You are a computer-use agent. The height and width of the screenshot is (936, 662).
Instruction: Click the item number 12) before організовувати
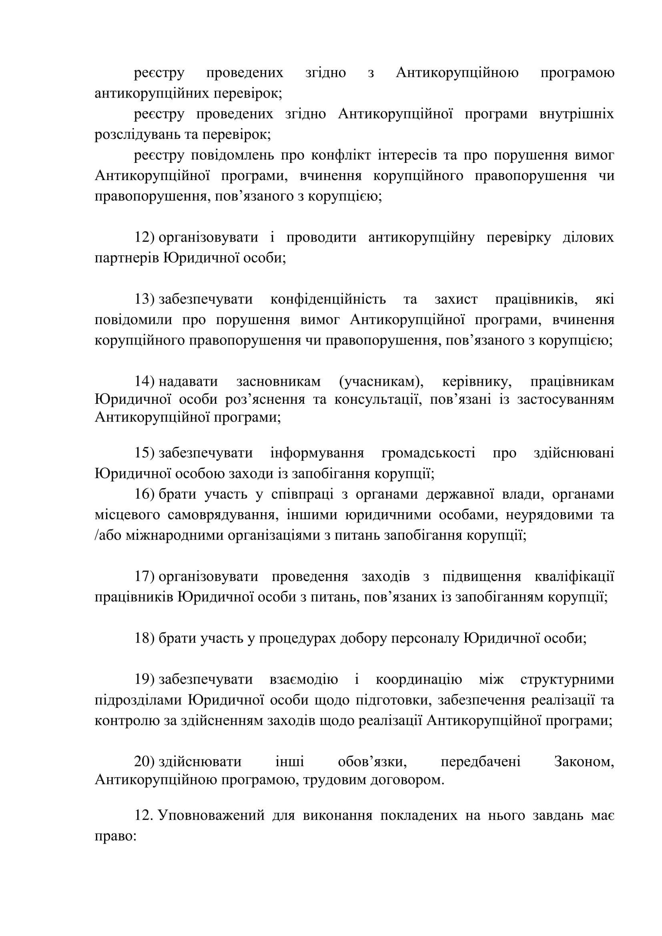(145, 237)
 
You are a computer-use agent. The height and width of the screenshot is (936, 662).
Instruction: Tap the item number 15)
(145, 453)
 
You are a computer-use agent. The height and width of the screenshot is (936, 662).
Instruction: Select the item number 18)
(145, 638)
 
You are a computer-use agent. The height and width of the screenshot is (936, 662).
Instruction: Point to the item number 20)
(145, 762)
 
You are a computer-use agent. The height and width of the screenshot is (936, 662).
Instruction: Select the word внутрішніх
(576, 114)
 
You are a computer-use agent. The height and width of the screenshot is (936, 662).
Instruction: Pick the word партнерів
(127, 258)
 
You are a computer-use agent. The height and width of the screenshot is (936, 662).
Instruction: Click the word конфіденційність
(328, 299)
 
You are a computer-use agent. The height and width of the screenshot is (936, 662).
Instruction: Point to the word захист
(456, 299)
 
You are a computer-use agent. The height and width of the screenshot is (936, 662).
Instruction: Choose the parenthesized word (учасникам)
(381, 382)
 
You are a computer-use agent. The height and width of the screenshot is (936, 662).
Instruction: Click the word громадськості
(428, 453)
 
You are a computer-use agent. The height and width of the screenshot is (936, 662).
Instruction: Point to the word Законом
(584, 762)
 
